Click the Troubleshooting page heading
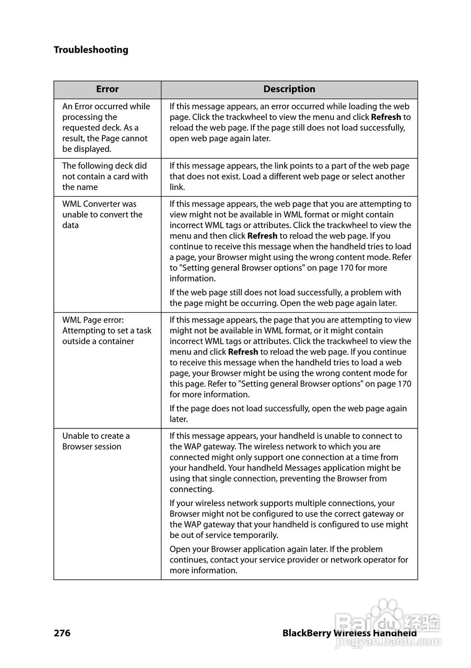(91, 50)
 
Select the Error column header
(107, 89)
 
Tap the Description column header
(289, 89)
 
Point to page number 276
(62, 633)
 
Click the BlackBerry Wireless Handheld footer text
(349, 633)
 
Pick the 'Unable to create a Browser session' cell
(96, 442)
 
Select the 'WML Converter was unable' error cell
(102, 214)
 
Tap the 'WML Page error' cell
(107, 331)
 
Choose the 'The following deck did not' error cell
(105, 176)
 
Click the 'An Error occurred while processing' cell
(106, 128)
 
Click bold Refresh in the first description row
(386, 117)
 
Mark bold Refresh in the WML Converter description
(262, 236)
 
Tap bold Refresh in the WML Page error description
(243, 352)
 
